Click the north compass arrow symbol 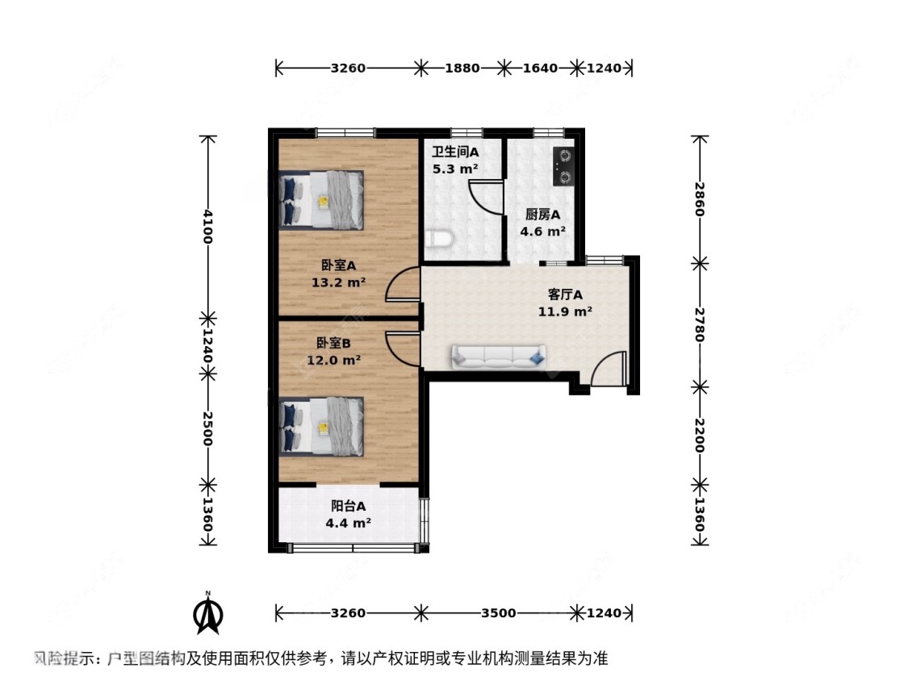coord(208,615)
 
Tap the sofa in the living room coord(497,356)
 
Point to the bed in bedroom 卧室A coord(321,198)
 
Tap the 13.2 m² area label coord(338,282)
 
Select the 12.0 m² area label coord(334,361)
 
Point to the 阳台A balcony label coord(349,506)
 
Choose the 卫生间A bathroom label coord(455,152)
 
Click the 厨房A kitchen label coord(542,215)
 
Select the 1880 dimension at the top coord(462,69)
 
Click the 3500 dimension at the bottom coord(498,613)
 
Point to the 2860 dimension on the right coord(700,198)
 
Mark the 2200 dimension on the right coord(700,436)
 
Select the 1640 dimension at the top coord(540,69)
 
